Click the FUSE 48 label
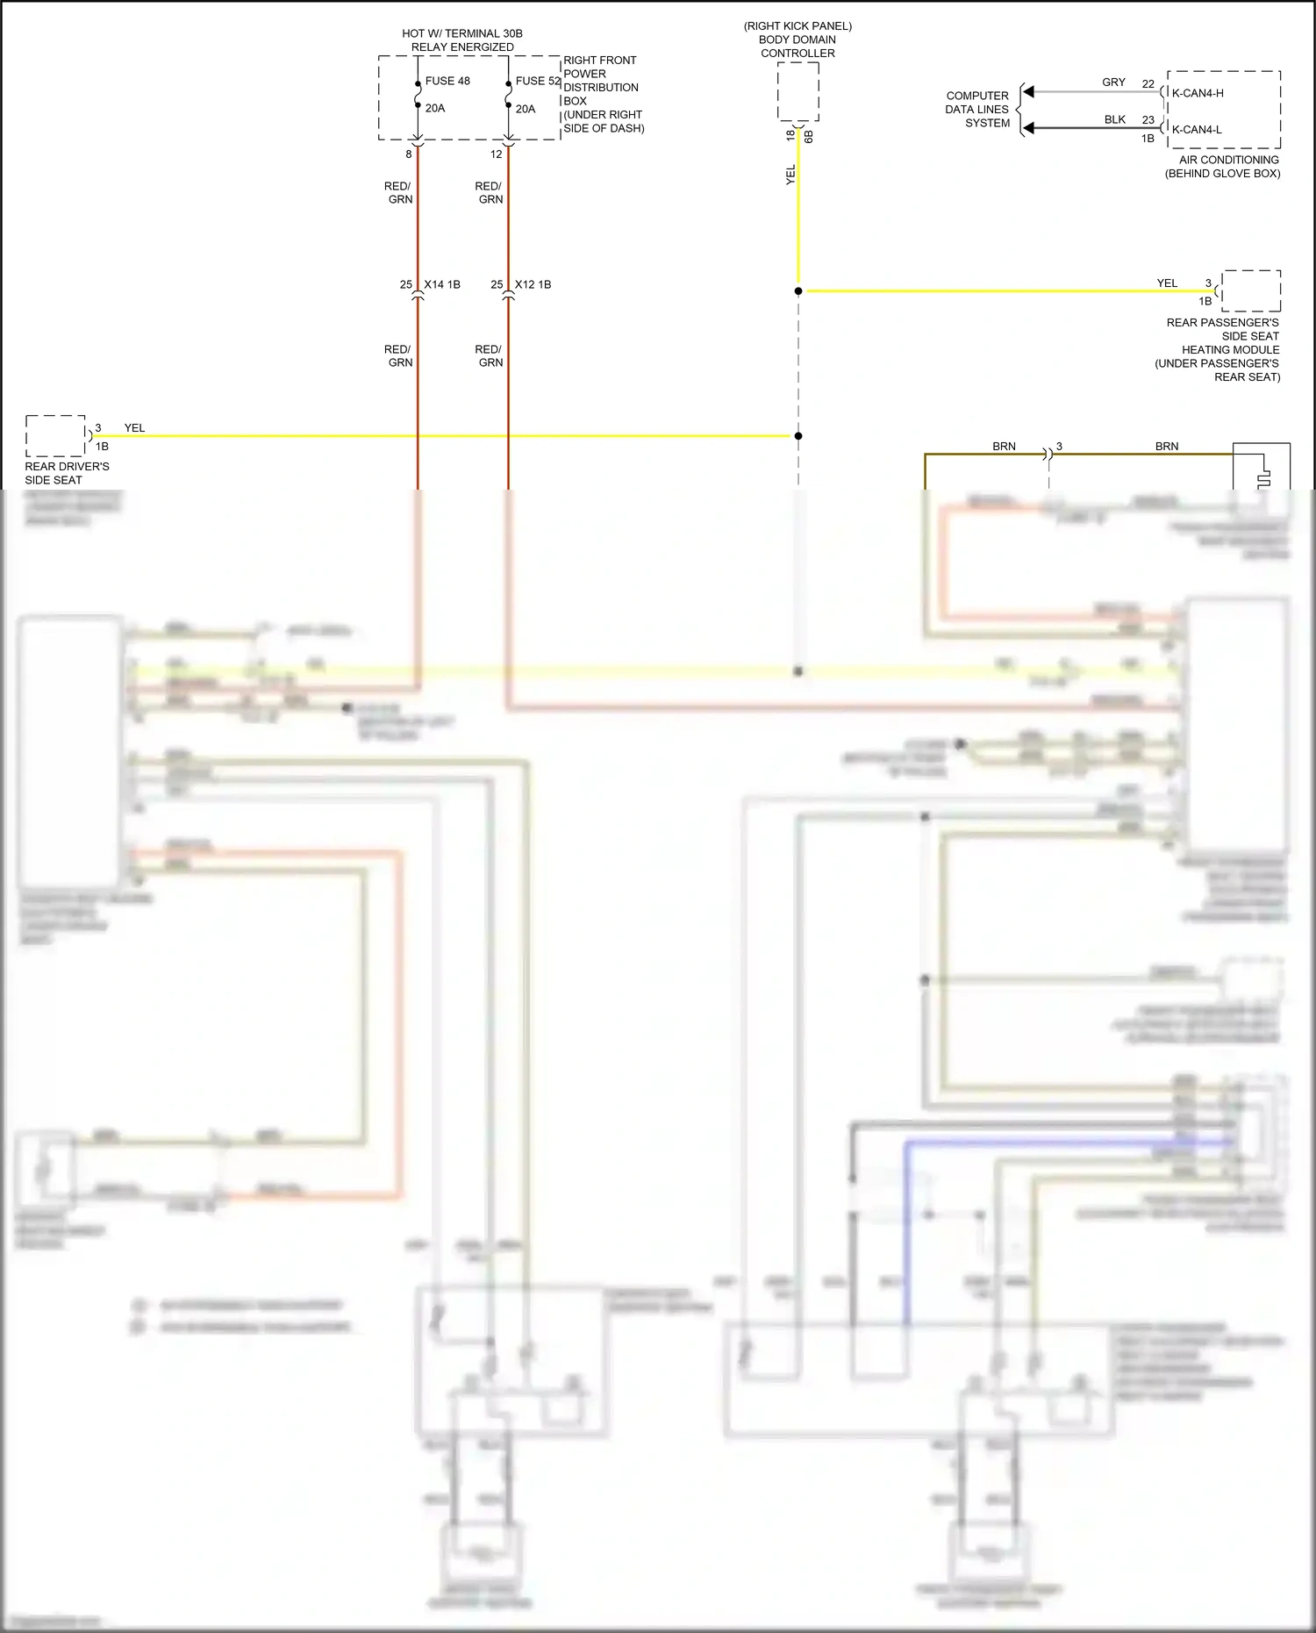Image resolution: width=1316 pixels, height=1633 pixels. click(447, 81)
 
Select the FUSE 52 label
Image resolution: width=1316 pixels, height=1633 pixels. click(537, 81)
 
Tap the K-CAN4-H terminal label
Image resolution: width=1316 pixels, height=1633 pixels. click(1198, 93)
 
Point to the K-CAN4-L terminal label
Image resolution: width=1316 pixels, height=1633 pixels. click(1197, 130)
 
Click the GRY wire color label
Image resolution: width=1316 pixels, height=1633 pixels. click(1113, 82)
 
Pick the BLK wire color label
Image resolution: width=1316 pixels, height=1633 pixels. click(1114, 119)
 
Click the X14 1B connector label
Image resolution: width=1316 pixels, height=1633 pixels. click(442, 284)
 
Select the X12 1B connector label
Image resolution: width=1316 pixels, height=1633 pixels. click(533, 284)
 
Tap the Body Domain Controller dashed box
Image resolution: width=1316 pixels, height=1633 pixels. click(797, 91)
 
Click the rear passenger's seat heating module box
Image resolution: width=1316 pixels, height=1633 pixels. click(1251, 290)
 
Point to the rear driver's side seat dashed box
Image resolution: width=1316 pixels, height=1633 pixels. click(55, 435)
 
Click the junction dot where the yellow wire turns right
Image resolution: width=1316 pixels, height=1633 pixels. click(798, 290)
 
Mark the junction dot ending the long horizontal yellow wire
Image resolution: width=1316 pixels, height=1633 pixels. click(798, 436)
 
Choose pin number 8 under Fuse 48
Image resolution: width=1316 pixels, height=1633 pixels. click(408, 154)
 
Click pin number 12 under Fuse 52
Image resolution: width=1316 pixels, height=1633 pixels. click(496, 154)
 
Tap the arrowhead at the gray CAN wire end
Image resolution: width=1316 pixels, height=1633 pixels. click(1029, 91)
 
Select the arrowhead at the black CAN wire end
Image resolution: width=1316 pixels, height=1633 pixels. click(1029, 128)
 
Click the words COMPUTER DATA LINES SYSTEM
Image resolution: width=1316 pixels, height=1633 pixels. click(977, 110)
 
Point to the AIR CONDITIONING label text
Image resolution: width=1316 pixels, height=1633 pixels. click(1228, 160)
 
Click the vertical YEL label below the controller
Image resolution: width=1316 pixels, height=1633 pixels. click(790, 175)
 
